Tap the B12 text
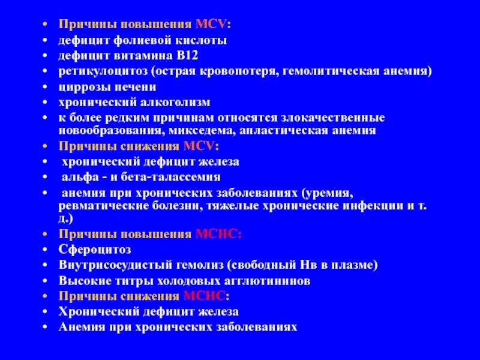184,56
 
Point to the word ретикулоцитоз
96,71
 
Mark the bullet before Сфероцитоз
46,249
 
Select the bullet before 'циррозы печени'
46,87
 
